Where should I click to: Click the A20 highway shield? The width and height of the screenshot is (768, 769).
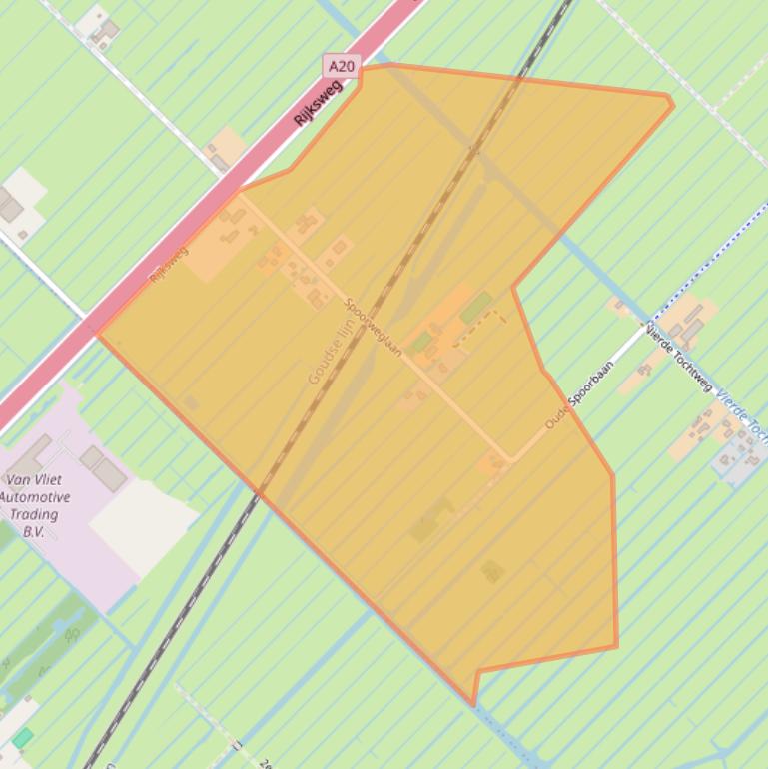(x=342, y=67)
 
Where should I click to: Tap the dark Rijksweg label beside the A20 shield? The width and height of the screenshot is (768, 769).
(x=318, y=102)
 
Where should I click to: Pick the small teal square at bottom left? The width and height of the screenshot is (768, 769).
(x=23, y=738)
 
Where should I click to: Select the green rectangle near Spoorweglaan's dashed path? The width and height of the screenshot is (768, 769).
(x=476, y=306)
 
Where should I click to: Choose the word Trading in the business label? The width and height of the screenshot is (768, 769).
(x=35, y=514)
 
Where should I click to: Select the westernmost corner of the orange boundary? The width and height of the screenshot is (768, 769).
(x=96, y=334)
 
